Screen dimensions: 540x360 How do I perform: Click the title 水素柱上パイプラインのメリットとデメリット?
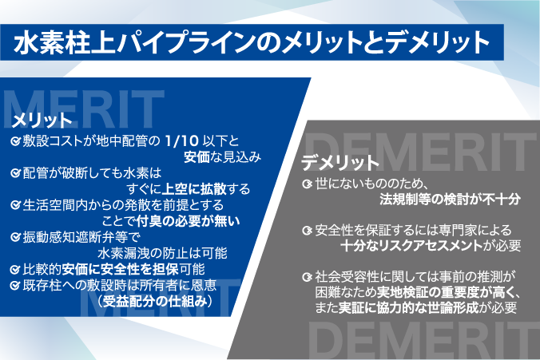pos(251,42)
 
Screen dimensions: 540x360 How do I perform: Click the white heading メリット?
pos(42,121)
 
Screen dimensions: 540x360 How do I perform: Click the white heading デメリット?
pos(340,163)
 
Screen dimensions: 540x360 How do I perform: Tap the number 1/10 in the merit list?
pos(182,140)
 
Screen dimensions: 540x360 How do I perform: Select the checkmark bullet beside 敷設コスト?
pos(15,140)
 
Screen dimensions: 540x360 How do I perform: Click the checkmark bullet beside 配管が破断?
pos(15,172)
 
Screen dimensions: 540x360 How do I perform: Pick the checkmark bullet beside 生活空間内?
pos(15,205)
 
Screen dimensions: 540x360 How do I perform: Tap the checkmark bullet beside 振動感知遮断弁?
pos(15,237)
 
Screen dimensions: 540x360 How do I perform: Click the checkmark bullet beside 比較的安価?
pos(15,270)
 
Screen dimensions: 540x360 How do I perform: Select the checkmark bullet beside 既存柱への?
pos(15,285)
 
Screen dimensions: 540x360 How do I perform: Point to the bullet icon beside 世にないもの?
pos(307,184)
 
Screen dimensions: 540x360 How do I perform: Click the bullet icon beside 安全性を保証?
pos(307,230)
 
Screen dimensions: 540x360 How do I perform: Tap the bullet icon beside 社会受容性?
pos(307,276)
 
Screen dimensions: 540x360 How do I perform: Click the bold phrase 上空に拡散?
pos(194,189)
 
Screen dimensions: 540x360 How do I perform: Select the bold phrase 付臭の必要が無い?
pos(188,221)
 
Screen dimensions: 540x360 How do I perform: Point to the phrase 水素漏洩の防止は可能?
pos(162,253)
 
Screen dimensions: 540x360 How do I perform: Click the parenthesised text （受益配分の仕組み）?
pos(155,302)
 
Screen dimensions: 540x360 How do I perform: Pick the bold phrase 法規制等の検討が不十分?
pos(450,200)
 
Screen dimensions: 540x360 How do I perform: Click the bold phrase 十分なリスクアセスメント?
pos(411,246)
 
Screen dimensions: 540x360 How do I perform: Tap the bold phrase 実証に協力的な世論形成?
pos(408,307)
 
